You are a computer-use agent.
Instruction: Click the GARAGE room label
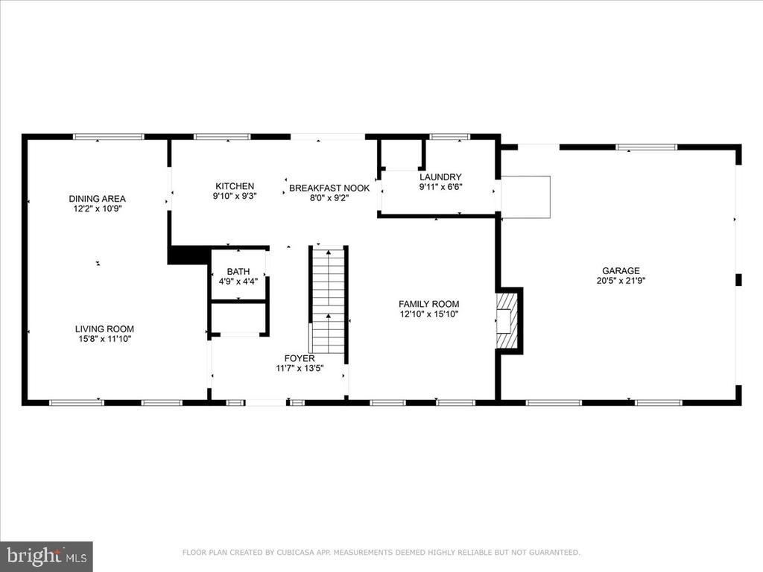[x=621, y=271]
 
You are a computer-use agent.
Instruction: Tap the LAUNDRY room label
[x=440, y=177]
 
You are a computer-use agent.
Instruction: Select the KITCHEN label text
[x=235, y=186]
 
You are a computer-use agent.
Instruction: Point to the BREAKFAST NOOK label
[x=329, y=188]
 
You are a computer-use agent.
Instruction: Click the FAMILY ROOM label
[x=428, y=305]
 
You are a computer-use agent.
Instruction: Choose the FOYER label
[x=300, y=358]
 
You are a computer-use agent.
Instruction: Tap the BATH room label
[x=238, y=272]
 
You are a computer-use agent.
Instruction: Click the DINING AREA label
[x=98, y=199]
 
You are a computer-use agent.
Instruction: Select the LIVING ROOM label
[x=104, y=329]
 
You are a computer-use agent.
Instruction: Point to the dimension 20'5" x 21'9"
[x=621, y=281]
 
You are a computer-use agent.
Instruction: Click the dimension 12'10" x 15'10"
[x=428, y=314]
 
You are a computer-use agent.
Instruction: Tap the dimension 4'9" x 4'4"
[x=238, y=281]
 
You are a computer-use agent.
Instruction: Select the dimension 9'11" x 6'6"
[x=440, y=187]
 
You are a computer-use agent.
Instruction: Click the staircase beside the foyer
[x=329, y=301]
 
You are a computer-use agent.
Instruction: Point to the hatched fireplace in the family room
[x=506, y=320]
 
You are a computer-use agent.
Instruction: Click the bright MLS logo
[x=46, y=556]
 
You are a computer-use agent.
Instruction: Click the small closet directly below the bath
[x=238, y=318]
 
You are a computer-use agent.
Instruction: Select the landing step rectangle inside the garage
[x=525, y=197]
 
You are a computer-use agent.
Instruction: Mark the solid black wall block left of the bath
[x=187, y=255]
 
